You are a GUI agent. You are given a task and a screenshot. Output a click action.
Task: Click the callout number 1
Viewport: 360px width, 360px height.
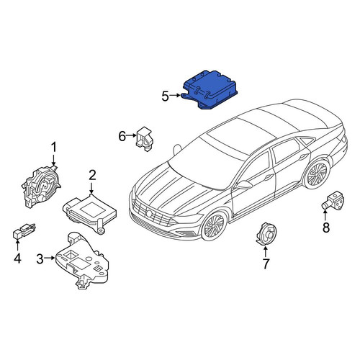click(x=54, y=148)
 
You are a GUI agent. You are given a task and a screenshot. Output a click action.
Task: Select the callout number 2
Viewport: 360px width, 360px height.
click(x=92, y=175)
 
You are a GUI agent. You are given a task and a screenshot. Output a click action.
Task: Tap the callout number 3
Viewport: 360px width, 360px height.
click(x=40, y=258)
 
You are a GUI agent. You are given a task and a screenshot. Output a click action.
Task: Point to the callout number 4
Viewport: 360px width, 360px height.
click(x=17, y=258)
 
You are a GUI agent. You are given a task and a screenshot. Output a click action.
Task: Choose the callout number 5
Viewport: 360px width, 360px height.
click(x=165, y=96)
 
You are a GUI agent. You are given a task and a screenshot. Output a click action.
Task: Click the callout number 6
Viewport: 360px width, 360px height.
click(x=122, y=136)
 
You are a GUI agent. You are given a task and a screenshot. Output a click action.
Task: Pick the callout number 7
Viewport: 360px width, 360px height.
click(x=266, y=264)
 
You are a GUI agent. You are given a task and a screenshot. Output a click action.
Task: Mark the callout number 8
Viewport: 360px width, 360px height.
click(x=326, y=228)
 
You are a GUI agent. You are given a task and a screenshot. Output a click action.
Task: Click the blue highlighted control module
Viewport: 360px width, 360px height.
click(x=210, y=90)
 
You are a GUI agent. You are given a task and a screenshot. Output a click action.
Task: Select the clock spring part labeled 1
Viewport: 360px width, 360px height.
click(x=41, y=186)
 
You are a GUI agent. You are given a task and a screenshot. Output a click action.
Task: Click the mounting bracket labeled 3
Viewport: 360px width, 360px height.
click(x=81, y=261)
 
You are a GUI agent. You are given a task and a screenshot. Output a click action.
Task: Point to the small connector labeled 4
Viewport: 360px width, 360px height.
click(x=24, y=230)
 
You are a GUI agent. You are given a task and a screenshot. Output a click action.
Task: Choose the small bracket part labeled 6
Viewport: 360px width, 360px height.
click(x=144, y=139)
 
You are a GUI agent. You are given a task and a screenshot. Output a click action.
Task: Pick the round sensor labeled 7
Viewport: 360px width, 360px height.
click(x=266, y=234)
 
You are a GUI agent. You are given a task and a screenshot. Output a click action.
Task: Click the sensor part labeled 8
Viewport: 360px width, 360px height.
click(x=333, y=199)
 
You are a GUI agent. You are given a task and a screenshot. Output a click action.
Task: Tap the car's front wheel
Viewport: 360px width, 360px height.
click(x=215, y=225)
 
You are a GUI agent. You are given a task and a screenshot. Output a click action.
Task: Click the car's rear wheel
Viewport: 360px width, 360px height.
click(x=316, y=174)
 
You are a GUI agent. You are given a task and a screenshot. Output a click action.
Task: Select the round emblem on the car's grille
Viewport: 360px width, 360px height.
click(x=150, y=213)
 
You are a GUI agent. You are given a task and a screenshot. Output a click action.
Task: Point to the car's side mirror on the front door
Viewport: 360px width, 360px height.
click(x=244, y=185)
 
